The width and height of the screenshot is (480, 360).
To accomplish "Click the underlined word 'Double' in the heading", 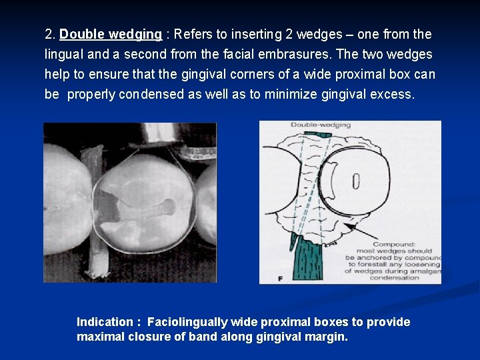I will [x=81, y=34].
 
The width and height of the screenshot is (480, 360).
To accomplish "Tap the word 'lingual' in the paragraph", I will [x=63, y=54].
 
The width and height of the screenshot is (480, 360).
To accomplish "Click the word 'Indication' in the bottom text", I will [x=105, y=322].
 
